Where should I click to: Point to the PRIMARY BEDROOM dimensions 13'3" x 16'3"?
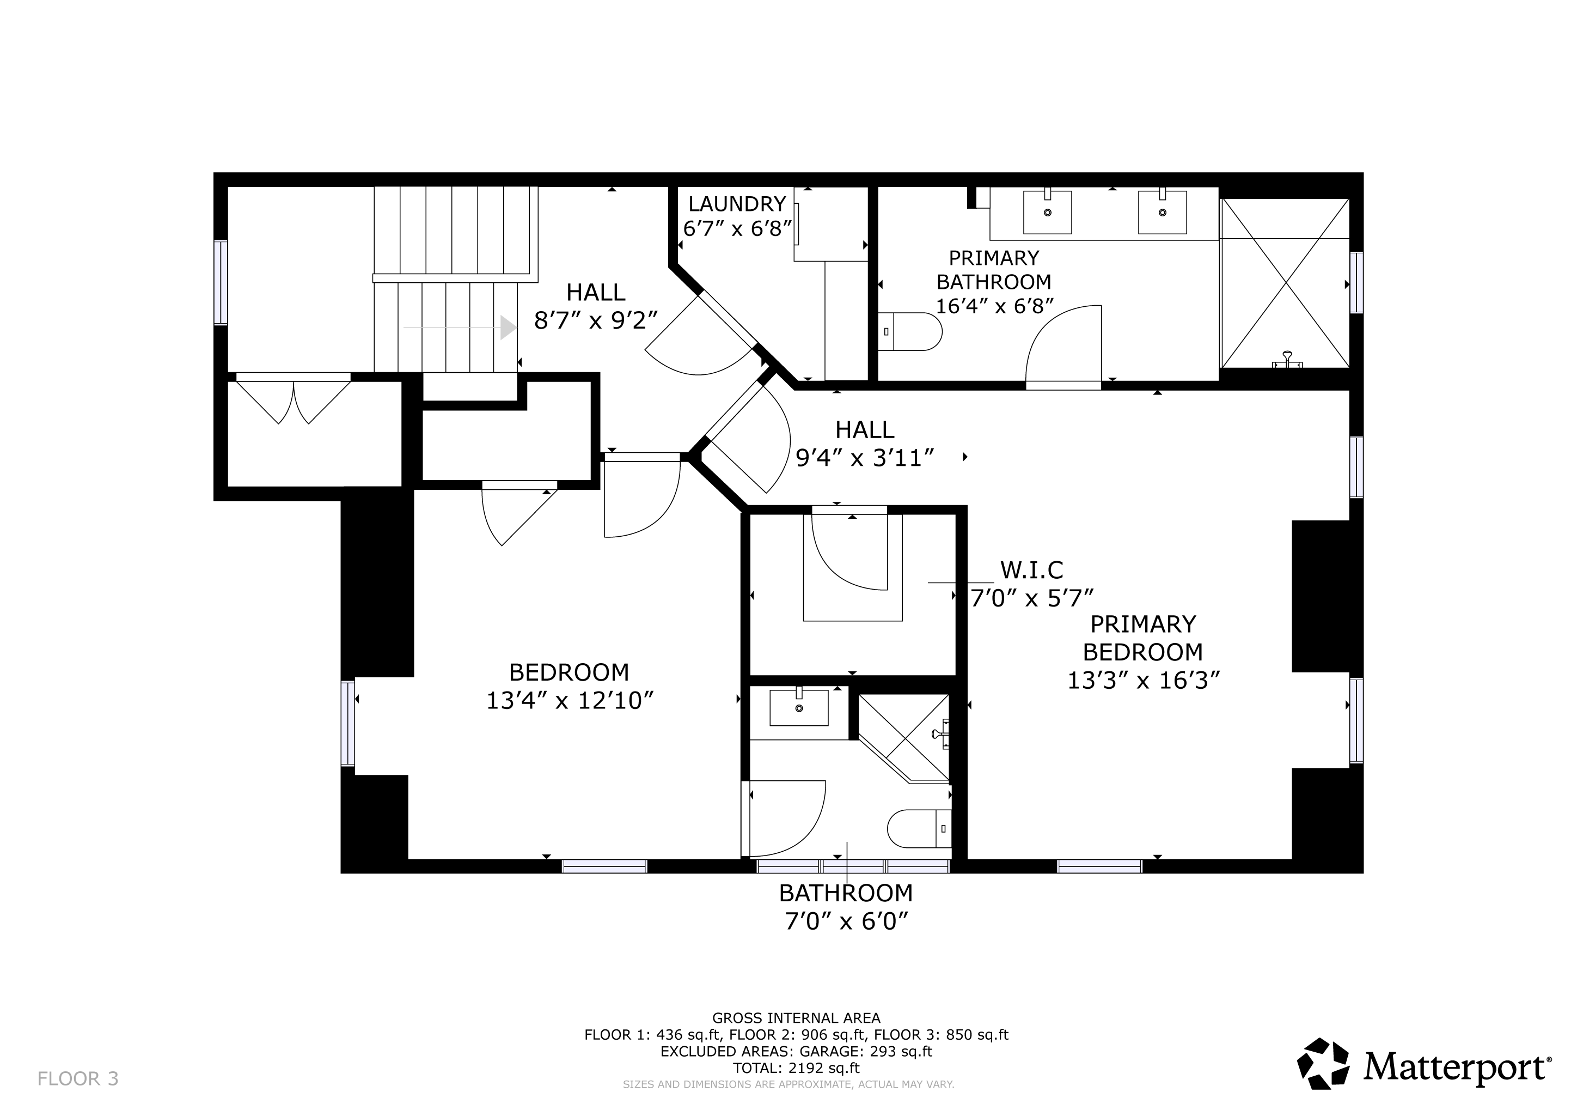(1143, 680)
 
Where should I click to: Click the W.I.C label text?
(1032, 569)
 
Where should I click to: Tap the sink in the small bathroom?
(799, 707)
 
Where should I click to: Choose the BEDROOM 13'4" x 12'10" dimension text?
(570, 700)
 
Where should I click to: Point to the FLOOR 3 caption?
(78, 1079)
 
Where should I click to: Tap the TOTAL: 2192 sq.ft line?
(796, 1068)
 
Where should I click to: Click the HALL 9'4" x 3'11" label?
(865, 443)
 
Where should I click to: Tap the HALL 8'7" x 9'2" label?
(596, 306)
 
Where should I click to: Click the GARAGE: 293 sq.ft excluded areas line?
(796, 1051)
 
